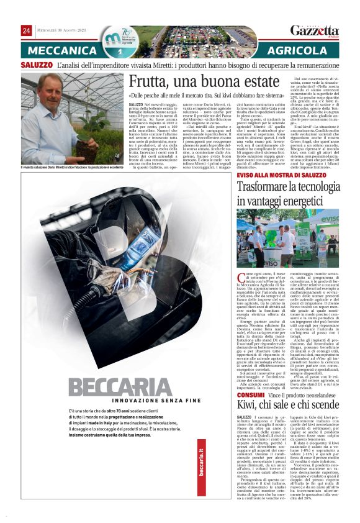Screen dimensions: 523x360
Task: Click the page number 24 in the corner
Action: click(x=27, y=30)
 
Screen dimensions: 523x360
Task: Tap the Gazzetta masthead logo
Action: click(x=314, y=30)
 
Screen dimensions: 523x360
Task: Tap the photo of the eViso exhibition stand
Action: click(x=287, y=238)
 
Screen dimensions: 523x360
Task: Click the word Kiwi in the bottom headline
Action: click(x=249, y=408)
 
